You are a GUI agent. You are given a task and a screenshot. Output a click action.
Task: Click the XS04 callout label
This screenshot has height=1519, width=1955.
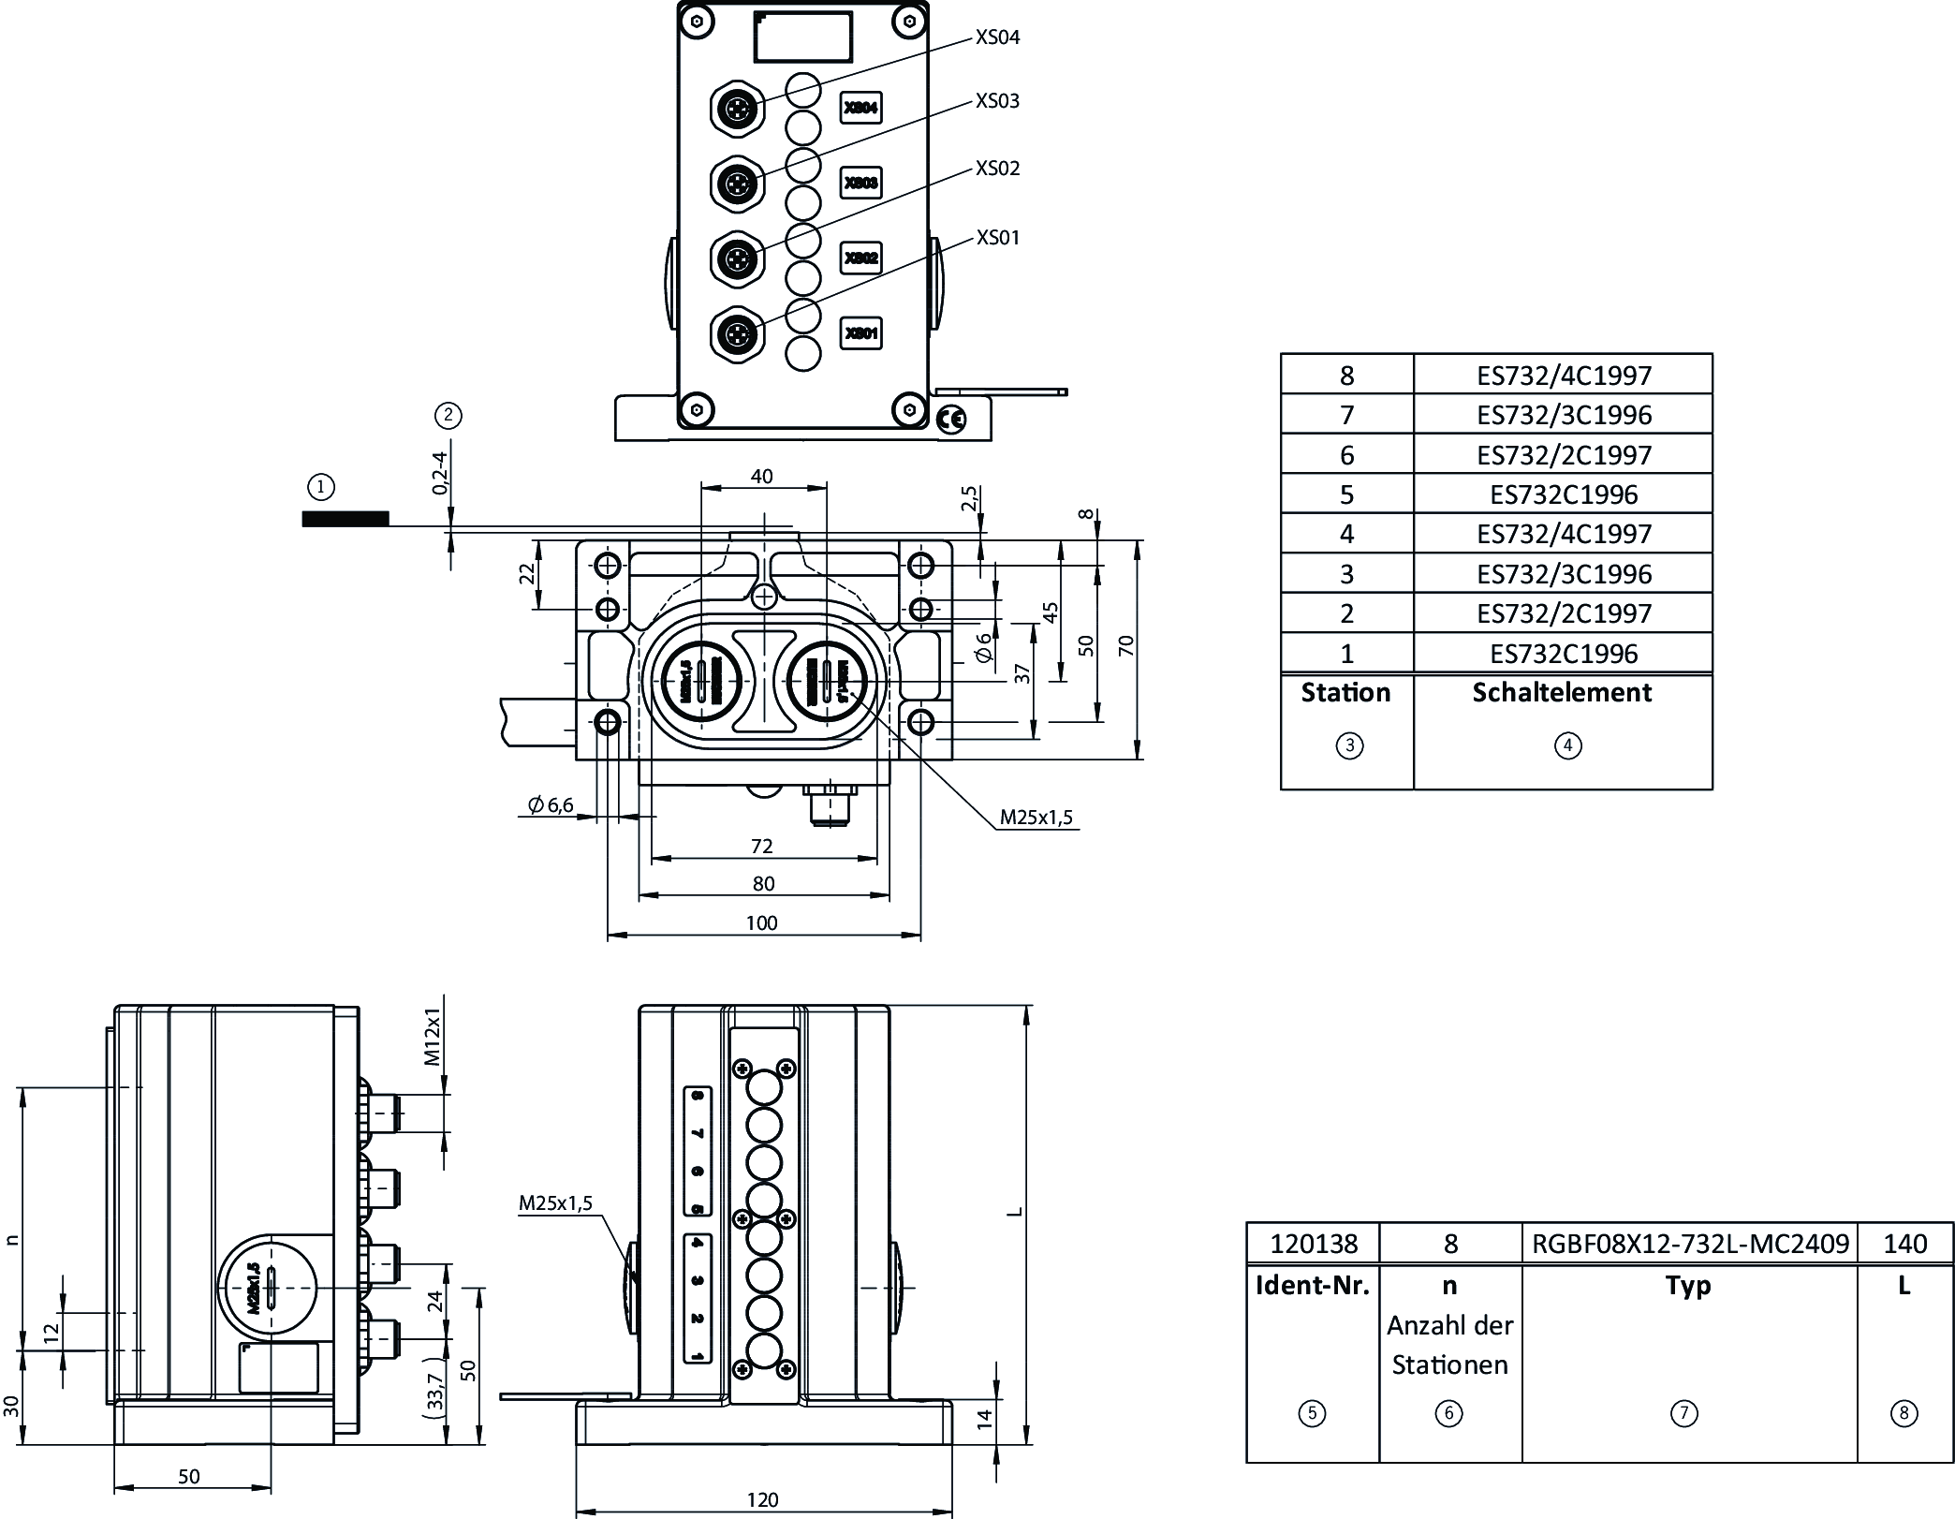[x=997, y=37]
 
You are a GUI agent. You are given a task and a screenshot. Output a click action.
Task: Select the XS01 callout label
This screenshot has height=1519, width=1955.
[x=997, y=238]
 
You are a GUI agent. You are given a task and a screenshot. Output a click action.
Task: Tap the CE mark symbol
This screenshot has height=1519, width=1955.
[x=950, y=420]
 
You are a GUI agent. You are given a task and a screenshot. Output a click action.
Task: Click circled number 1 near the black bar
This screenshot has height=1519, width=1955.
[x=321, y=487]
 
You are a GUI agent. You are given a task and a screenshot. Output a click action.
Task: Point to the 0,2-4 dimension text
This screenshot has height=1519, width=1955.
[x=440, y=472]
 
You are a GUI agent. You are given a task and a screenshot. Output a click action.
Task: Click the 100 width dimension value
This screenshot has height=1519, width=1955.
[x=761, y=922]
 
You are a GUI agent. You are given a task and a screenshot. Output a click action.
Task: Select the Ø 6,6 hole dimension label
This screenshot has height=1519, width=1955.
[x=551, y=804]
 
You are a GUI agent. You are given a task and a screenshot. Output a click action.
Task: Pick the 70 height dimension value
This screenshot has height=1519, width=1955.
[x=1125, y=645]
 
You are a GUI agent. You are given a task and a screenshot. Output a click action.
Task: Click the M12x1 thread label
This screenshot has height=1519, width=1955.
[x=432, y=1037]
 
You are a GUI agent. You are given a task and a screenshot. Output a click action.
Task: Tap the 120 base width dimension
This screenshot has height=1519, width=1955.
[x=762, y=1499]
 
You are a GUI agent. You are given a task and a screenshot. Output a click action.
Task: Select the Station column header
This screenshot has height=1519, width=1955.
[x=1345, y=693]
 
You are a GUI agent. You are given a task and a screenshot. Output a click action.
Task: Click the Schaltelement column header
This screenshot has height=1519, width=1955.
[x=1562, y=693]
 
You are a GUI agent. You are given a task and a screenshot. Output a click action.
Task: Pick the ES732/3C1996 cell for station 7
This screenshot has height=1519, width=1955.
[x=1564, y=415]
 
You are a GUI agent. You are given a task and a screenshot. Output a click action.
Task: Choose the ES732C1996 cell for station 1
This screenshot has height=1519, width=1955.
[x=1564, y=654]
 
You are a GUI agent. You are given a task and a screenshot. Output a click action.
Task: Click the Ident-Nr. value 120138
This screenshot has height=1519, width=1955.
[x=1313, y=1244]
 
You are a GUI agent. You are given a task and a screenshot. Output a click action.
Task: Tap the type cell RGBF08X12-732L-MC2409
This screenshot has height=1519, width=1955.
[x=1690, y=1244]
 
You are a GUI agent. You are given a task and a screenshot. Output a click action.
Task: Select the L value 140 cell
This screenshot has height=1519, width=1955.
[x=1904, y=1244]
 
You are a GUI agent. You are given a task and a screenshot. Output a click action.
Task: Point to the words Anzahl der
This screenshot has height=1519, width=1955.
[x=1449, y=1326]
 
